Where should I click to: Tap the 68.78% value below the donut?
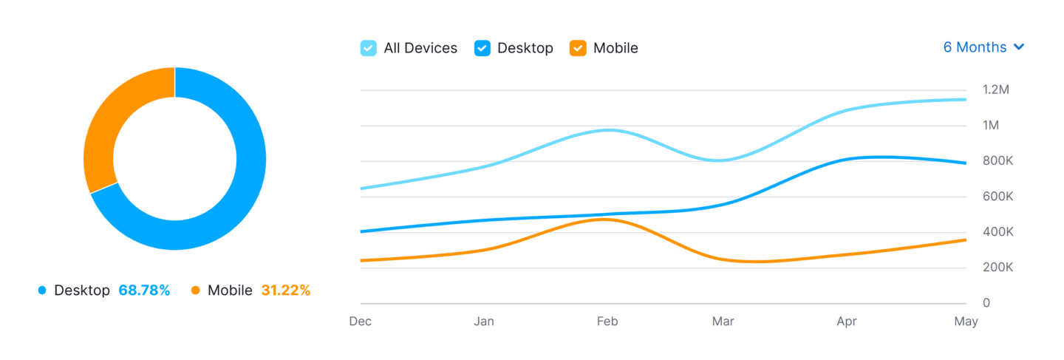144,291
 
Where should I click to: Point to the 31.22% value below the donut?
285,291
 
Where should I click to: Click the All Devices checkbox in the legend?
368,48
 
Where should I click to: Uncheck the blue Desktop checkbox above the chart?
482,48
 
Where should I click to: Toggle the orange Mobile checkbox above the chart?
578,48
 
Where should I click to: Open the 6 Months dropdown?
983,47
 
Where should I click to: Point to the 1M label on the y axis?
991,125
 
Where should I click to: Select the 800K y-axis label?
997,160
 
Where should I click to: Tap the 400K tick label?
997,231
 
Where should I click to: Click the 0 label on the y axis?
986,303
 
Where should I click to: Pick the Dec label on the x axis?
361,322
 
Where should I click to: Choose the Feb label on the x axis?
607,322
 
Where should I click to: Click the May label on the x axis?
966,322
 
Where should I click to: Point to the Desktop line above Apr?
846,159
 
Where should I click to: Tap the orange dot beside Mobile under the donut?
196,291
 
